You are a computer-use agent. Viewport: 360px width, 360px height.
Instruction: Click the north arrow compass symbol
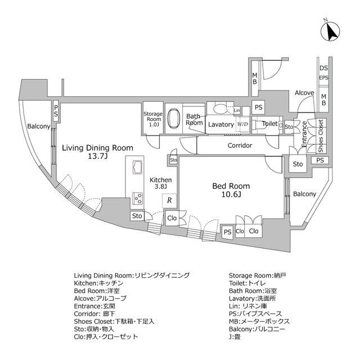click(330, 31)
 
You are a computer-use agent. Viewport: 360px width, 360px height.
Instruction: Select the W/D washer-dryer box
click(242, 124)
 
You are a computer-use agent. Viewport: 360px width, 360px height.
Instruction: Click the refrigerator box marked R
click(169, 200)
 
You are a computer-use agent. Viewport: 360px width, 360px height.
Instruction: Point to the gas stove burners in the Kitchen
click(138, 198)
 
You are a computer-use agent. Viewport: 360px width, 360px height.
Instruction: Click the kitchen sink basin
click(138, 168)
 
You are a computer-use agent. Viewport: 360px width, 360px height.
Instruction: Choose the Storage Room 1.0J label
click(153, 119)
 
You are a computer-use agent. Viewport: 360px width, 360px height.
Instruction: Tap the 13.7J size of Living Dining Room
click(97, 156)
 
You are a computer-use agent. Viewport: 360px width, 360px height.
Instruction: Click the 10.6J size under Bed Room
click(231, 195)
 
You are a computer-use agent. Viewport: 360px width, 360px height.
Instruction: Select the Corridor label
click(240, 145)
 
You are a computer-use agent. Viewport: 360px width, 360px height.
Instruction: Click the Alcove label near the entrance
click(304, 93)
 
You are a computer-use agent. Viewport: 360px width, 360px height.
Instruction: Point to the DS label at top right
click(324, 68)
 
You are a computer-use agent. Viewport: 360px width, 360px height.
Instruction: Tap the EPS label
click(324, 78)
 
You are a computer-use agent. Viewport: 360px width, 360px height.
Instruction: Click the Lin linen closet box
click(237, 110)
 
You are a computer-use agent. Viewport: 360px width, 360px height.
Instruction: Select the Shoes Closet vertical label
click(321, 136)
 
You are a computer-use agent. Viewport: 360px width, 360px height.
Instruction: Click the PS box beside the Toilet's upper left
click(259, 107)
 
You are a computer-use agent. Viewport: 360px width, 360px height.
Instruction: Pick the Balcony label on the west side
click(39, 126)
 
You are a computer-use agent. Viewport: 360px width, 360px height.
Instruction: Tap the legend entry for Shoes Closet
click(114, 321)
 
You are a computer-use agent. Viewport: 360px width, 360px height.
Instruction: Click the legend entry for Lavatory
click(253, 299)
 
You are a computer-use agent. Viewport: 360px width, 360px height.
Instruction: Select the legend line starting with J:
click(235, 337)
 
